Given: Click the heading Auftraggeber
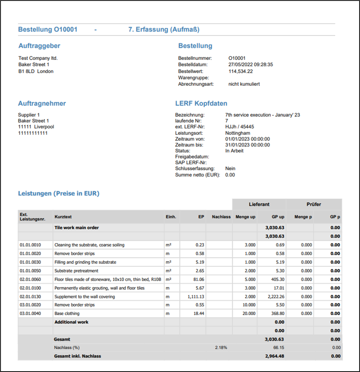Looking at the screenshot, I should click(39, 46).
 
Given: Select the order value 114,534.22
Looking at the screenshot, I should click(241, 71).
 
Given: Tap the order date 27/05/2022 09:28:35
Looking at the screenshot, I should click(251, 65).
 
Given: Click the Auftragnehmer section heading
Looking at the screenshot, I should click(42, 104).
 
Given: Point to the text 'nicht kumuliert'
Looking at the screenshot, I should click(244, 84).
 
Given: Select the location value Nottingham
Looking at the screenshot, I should click(237, 133).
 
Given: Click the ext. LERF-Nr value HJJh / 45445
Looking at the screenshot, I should click(239, 127).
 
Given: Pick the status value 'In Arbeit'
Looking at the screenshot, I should click(234, 151).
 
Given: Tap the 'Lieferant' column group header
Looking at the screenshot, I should click(259, 204).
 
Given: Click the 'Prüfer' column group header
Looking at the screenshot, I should click(314, 204).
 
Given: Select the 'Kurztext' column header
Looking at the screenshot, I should click(63, 217).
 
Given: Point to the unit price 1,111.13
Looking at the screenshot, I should click(195, 297).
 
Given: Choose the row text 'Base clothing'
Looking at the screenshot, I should click(68, 314).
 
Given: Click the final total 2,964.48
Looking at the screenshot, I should click(274, 356).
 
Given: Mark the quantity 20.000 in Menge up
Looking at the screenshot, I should click(248, 314).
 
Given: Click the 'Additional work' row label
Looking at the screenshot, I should click(72, 322).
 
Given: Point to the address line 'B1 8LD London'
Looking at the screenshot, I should click(36, 71).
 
